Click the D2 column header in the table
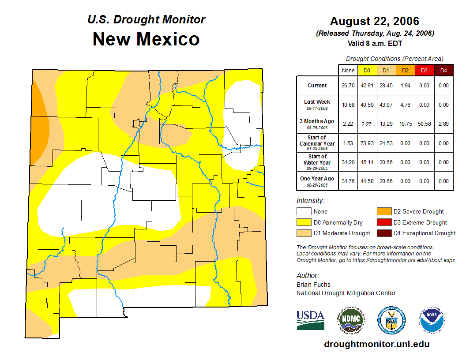pos(406,70)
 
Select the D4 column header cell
pos(443,70)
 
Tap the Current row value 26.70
pos(348,86)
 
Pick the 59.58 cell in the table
pos(425,124)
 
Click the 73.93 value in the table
pos(367,143)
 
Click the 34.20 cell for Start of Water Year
pos(348,162)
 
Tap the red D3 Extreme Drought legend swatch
pos(383,222)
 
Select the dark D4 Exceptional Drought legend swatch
pos(383,233)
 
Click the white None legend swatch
pos(304,212)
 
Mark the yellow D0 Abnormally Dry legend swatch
pos(304,222)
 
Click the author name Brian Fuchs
pos(313,285)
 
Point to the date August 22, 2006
pos(374,21)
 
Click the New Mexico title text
pos(146,39)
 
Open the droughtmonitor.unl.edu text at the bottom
pos(376,344)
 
